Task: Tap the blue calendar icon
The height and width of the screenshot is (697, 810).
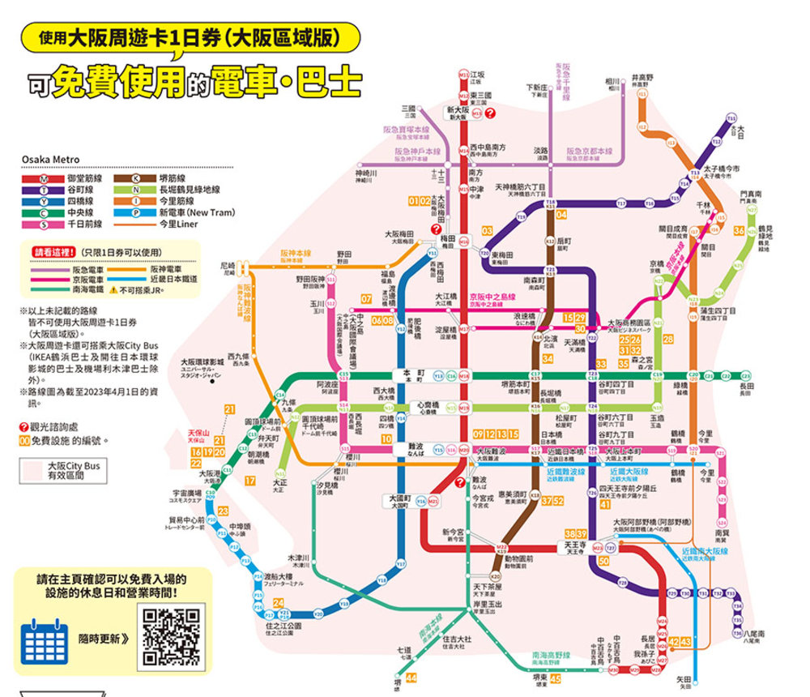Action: (45, 638)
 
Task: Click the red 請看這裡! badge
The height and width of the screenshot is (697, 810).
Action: (51, 251)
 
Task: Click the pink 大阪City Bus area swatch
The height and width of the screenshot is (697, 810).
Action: (32, 471)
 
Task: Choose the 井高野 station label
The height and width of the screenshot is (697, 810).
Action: (642, 79)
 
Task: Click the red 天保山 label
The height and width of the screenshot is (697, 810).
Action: (198, 436)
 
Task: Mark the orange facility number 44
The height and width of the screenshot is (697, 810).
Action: (411, 678)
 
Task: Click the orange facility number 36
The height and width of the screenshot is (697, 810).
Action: (739, 231)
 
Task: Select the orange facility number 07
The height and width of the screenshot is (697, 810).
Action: (366, 300)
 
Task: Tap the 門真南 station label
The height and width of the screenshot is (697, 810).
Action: (751, 196)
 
